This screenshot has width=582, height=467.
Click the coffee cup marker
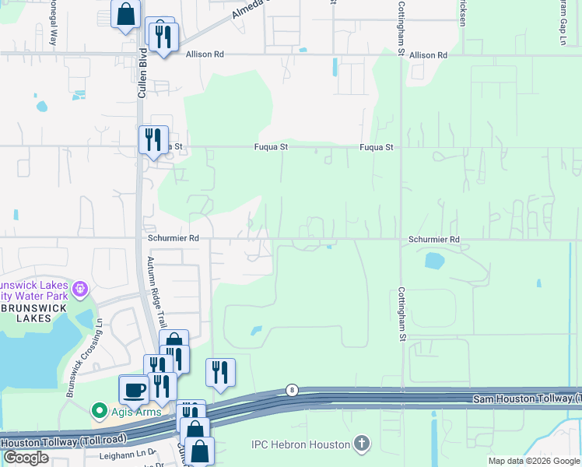(134, 388)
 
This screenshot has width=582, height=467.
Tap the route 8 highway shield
(292, 389)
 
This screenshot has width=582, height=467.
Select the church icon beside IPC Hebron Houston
(361, 444)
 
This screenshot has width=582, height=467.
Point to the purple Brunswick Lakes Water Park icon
(79, 290)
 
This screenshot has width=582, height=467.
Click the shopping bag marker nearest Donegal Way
(125, 14)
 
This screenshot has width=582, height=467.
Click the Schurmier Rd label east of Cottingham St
(433, 240)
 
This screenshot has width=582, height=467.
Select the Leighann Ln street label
(125, 454)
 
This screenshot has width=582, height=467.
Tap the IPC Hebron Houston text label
(300, 445)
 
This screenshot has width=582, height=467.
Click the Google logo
(26, 458)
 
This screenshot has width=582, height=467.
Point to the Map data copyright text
(533, 461)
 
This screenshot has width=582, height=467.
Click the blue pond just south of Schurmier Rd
(434, 261)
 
